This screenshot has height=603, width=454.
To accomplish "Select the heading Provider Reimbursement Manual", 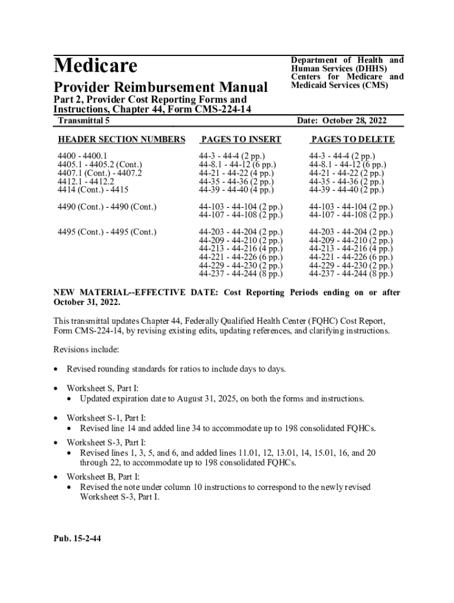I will click(160, 88).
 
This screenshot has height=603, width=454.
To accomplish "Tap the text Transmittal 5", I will click(84, 121).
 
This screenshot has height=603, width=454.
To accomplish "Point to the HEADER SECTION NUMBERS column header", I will click(121, 140).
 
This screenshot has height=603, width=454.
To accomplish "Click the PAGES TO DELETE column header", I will click(353, 140).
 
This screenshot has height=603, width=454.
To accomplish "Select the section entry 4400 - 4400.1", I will click(82, 156).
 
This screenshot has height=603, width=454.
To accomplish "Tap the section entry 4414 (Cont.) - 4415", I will click(93, 190).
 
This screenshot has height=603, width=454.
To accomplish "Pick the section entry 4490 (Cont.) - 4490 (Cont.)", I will click(107, 207).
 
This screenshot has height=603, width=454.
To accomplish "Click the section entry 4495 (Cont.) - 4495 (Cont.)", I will click(107, 232).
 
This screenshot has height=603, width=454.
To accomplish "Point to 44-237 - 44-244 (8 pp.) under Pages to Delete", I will click(351, 273).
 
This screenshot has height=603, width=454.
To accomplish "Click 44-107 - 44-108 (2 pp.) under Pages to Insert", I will click(241, 215).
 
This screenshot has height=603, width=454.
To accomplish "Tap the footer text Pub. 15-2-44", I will click(77, 537).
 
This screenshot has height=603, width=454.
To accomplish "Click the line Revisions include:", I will click(86, 349).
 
